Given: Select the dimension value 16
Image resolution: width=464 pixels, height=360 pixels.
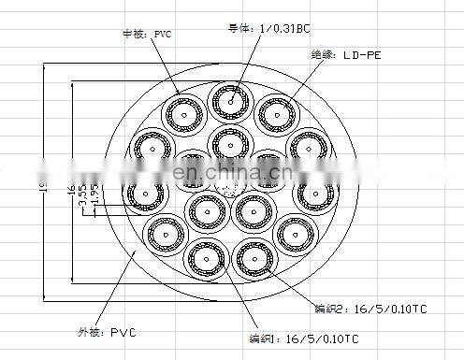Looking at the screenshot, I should [x=71, y=191].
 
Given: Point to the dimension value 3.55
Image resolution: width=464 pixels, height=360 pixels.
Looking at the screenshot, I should [x=82, y=194].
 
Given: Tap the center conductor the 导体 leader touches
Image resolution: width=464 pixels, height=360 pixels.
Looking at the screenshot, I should [x=229, y=99].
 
